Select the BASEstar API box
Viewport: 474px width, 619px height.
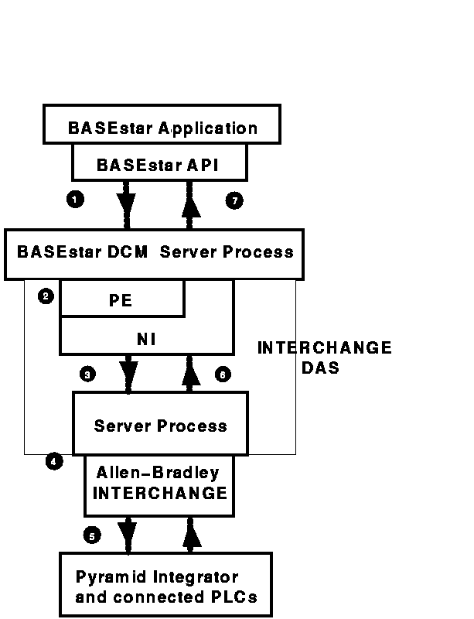159,165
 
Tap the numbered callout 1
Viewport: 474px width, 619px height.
75,199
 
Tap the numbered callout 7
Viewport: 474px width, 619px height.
234,200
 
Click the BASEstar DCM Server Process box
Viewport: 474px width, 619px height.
154,253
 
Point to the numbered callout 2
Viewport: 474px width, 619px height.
46,296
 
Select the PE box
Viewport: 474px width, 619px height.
121,299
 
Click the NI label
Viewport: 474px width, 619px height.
146,338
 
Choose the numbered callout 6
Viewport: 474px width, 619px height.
222,374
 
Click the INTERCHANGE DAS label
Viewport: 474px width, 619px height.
324,358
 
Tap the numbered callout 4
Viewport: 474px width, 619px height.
53,462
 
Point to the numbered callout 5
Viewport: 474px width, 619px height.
92,535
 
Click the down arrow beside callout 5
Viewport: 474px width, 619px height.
127,535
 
